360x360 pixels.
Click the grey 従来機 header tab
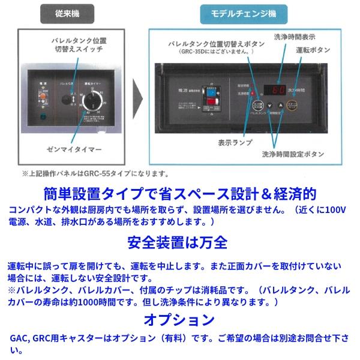(x=67, y=12)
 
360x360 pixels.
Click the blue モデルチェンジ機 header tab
(x=242, y=12)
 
